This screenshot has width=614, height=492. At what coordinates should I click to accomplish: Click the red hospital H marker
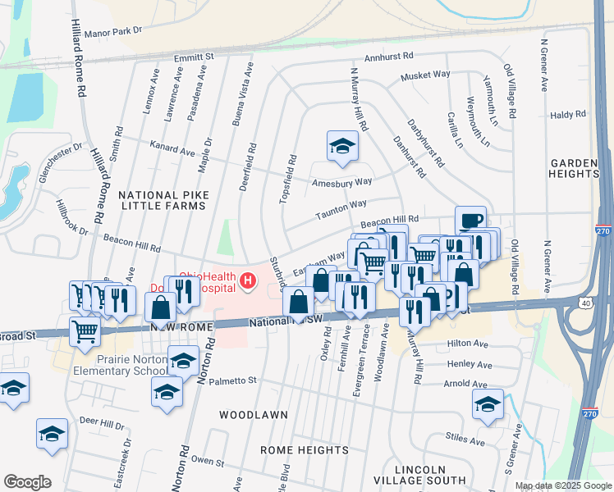pyautogui.click(x=247, y=283)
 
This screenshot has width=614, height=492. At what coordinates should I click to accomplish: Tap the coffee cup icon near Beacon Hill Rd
pyautogui.click(x=470, y=221)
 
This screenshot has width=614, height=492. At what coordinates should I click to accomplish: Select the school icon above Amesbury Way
pyautogui.click(x=342, y=146)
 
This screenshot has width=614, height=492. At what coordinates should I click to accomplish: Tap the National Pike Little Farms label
pyautogui.click(x=163, y=200)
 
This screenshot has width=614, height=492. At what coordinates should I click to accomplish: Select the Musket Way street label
pyautogui.click(x=425, y=75)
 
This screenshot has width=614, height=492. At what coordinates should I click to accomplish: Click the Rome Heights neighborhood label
pyautogui.click(x=305, y=450)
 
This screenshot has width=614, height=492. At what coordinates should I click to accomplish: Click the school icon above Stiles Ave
pyautogui.click(x=488, y=404)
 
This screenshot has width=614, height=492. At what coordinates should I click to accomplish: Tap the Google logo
pyautogui.click(x=27, y=482)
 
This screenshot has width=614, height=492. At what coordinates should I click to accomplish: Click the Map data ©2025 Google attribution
pyautogui.click(x=562, y=485)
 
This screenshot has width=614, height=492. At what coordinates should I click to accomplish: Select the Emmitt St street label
pyautogui.click(x=194, y=57)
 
